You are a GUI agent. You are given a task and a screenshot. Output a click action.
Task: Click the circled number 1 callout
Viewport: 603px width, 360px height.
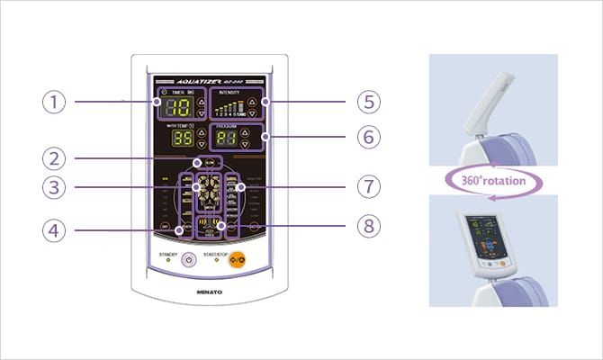55,102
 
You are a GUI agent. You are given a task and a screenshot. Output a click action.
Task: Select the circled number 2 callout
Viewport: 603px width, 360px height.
55,158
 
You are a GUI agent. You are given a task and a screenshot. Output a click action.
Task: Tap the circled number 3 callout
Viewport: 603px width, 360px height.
55,187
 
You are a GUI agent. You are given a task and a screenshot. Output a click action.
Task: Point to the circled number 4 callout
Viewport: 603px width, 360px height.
55,229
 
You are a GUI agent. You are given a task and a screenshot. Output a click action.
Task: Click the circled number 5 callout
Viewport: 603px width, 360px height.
368,102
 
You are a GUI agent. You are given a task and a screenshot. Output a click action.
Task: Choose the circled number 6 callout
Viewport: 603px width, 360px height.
368,138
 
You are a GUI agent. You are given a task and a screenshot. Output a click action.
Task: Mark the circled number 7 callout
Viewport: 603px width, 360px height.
368,187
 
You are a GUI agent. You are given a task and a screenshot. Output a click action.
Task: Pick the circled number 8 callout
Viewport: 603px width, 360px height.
368,225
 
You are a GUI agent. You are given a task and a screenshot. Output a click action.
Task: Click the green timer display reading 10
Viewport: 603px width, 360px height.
177,108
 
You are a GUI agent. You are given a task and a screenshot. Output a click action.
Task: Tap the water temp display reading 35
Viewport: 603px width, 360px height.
183,139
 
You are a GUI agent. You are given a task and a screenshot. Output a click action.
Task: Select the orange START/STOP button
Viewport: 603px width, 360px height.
237,260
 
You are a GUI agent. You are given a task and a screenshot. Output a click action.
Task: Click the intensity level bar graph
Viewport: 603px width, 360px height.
228,108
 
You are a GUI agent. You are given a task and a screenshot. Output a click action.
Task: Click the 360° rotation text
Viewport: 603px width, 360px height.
492,180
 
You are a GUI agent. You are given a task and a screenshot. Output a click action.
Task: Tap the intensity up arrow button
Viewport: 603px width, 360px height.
253,102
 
